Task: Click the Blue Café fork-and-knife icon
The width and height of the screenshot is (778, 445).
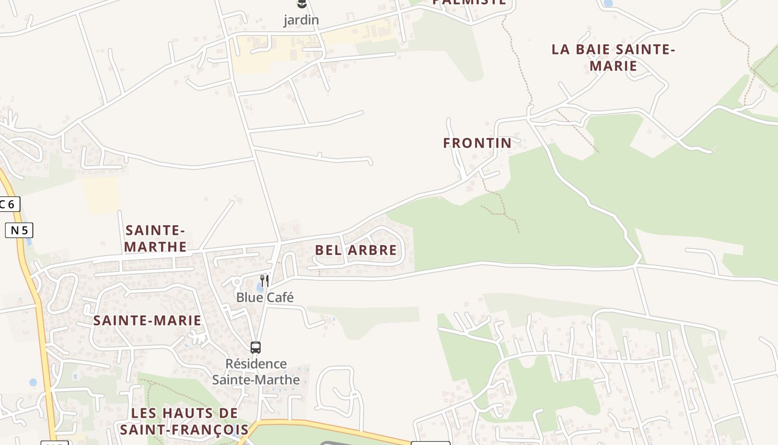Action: click(265, 281)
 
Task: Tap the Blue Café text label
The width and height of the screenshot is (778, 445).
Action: click(265, 298)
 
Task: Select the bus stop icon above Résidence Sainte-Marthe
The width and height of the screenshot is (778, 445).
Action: click(256, 348)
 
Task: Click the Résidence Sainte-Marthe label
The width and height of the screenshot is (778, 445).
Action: click(256, 372)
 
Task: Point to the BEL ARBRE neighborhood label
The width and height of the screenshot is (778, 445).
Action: click(356, 250)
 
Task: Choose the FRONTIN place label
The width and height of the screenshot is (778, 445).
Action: click(477, 143)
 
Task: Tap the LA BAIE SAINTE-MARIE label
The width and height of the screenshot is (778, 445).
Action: click(613, 57)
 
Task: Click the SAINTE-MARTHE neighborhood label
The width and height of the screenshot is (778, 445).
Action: click(155, 238)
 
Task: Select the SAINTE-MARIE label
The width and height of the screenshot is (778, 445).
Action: click(147, 320)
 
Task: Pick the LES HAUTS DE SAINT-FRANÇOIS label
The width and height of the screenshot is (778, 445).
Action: click(184, 421)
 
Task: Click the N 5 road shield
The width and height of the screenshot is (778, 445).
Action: click(19, 230)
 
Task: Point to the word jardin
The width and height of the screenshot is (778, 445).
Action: click(301, 20)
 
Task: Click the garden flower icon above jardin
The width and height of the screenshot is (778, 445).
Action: click(302, 4)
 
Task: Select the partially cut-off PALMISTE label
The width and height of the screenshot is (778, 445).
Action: click(469, 2)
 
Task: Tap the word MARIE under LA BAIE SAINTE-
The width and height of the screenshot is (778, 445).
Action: click(613, 66)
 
